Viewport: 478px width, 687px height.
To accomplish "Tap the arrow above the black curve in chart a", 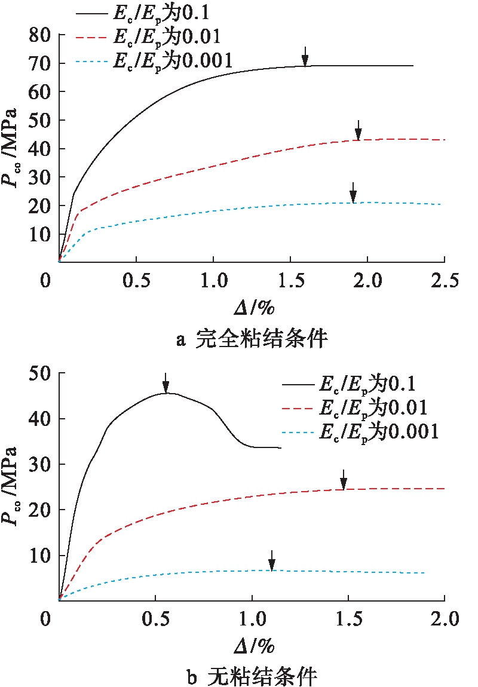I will tap(305, 56).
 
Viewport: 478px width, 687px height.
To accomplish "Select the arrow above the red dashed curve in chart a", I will tap(358, 130).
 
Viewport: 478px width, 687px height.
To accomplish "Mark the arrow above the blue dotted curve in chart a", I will tap(353, 192).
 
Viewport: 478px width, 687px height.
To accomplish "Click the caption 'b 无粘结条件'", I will tap(253, 676).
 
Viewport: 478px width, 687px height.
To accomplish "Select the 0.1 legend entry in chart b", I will tap(362, 384).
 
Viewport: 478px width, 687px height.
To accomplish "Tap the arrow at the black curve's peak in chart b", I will tap(166, 383).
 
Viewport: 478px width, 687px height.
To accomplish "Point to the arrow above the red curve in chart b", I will tap(344, 479).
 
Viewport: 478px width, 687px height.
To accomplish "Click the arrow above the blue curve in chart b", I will tap(272, 560).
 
